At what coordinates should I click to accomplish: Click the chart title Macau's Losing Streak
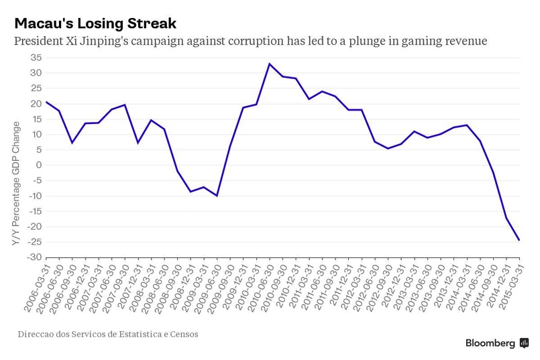[x=95, y=23]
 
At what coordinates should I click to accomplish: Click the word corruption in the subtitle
[x=252, y=42]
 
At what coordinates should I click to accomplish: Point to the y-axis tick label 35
[x=36, y=58]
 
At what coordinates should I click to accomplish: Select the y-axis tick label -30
[x=34, y=257]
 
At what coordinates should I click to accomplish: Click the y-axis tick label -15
[x=34, y=211]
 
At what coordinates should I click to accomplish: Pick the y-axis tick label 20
[x=36, y=104]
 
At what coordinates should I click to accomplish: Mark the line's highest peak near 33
[x=269, y=64]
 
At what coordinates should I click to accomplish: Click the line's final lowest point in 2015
[x=519, y=240]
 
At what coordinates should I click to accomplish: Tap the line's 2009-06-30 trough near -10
[x=217, y=196]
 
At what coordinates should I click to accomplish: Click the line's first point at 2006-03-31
[x=46, y=102]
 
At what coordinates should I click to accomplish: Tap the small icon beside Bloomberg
[x=524, y=343]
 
